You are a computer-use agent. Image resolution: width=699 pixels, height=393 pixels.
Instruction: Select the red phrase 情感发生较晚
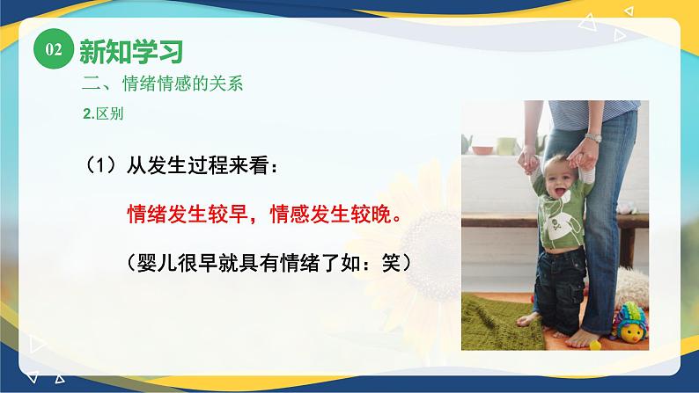click(334, 215)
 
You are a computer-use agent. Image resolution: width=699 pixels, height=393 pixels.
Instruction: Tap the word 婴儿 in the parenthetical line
click(156, 263)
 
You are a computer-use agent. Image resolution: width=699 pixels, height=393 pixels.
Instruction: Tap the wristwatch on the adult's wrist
click(593, 137)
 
